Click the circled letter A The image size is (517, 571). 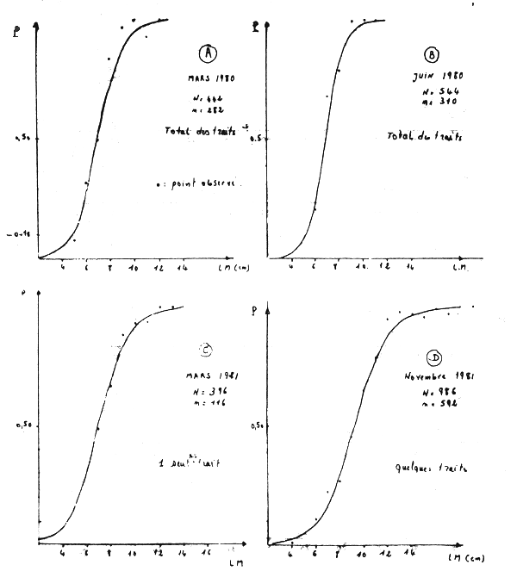[208, 53]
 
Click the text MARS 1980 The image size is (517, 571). [211, 78]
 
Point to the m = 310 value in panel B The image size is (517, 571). [434, 102]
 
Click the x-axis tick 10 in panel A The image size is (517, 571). [133, 270]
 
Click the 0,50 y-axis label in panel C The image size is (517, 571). [24, 425]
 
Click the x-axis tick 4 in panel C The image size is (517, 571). [62, 555]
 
